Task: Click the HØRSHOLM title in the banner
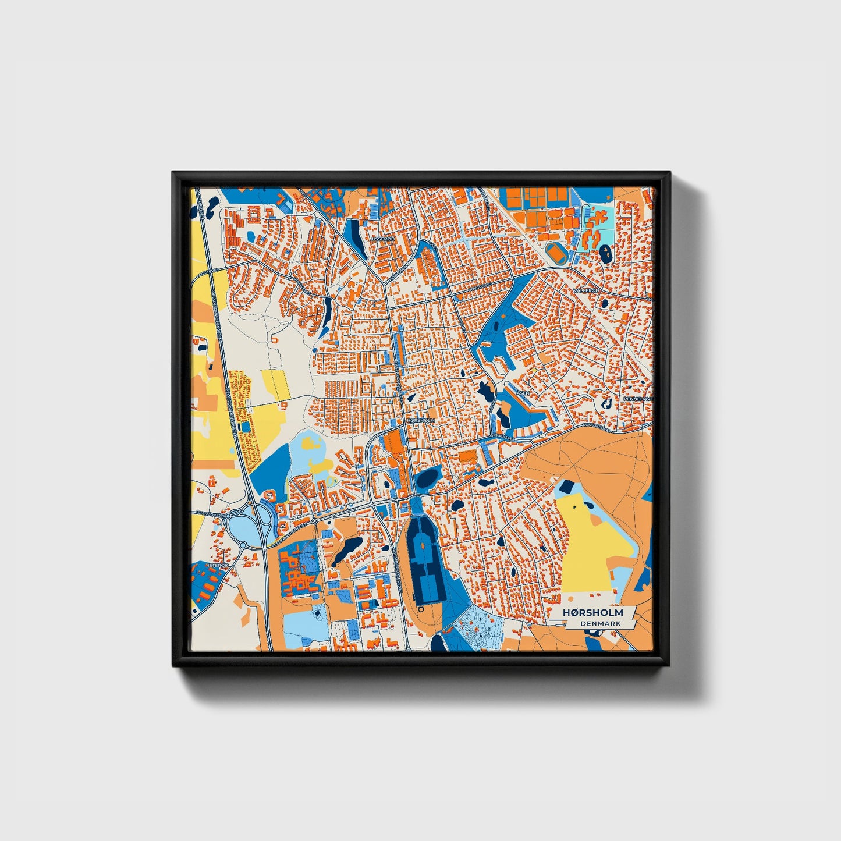592,613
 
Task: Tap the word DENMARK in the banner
600,623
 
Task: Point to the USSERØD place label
383,239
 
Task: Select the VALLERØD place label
585,290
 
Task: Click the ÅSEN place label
523,393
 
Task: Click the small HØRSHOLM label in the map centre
421,420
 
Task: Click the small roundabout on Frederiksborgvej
315,521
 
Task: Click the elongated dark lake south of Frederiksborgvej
346,550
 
